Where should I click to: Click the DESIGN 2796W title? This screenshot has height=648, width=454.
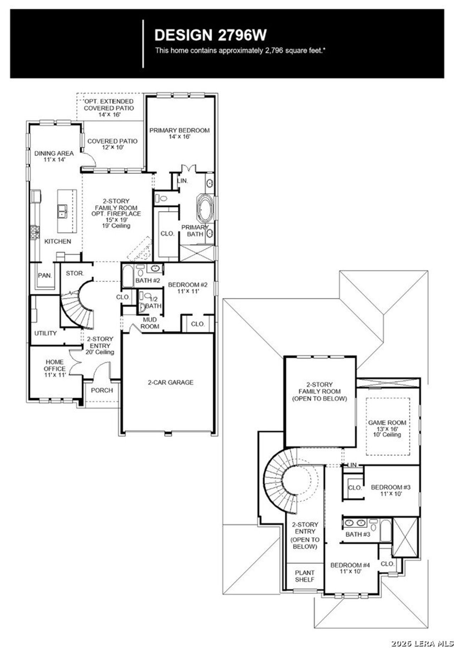point(210,35)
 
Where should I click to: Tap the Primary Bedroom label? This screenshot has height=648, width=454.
point(179,133)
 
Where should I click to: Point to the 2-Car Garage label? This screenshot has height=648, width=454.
point(171,382)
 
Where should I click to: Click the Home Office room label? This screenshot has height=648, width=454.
point(55,368)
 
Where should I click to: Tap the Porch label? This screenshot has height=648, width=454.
point(102,390)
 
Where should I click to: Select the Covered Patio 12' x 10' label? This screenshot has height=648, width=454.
point(112,144)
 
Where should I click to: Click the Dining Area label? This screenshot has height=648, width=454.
point(54,156)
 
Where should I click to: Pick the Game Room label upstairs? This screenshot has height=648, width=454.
point(387,428)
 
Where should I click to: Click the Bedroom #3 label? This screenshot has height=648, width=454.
point(391,490)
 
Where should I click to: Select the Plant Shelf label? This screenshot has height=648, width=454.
point(305,576)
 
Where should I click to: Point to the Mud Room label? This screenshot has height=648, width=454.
point(150,323)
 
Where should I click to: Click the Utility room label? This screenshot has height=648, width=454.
point(45,333)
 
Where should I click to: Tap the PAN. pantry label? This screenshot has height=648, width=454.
point(45,275)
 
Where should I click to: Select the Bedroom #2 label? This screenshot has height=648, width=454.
point(188,287)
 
